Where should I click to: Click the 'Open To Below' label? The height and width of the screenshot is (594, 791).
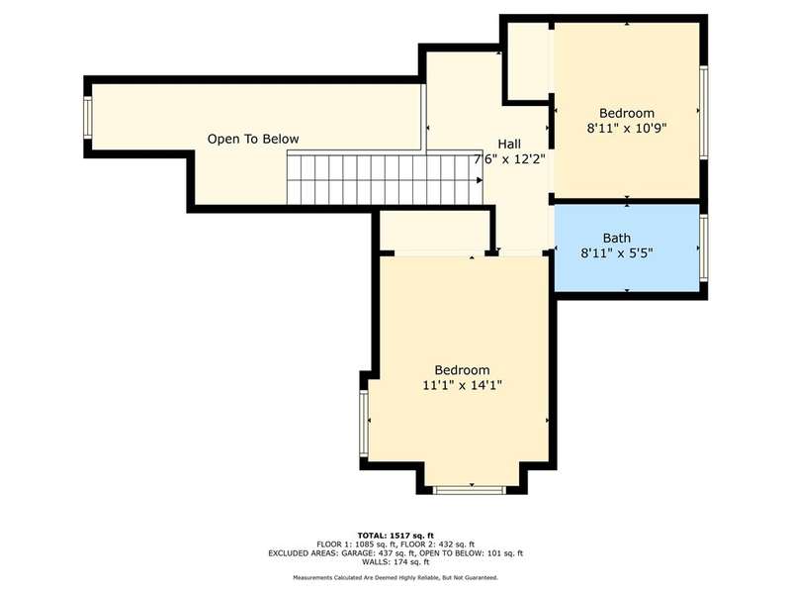click(x=253, y=139)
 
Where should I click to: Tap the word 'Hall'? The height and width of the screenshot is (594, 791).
click(x=509, y=144)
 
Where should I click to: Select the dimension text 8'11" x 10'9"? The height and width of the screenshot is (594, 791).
click(x=627, y=129)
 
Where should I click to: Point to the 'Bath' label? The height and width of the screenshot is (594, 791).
click(x=617, y=238)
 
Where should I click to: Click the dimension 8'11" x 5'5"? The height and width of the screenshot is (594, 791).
click(x=617, y=253)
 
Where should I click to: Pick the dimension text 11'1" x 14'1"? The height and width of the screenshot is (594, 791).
click(x=462, y=385)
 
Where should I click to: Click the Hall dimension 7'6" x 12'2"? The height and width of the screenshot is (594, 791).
click(x=509, y=159)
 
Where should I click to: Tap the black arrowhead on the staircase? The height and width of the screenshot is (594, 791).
click(x=480, y=180)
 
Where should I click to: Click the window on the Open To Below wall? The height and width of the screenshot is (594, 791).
click(x=88, y=117)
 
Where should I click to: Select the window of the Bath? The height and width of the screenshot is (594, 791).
click(x=704, y=247)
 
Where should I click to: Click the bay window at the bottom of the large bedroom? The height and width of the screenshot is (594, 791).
click(x=470, y=489)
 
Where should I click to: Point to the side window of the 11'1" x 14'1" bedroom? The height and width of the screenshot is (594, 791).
click(x=364, y=424)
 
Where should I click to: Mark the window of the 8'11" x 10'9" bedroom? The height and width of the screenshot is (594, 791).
click(x=704, y=112)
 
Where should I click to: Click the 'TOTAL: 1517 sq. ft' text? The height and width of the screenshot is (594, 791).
click(x=395, y=536)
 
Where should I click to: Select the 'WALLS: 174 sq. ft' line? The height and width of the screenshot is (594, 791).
click(x=395, y=561)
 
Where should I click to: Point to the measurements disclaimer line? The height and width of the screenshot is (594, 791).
click(x=395, y=577)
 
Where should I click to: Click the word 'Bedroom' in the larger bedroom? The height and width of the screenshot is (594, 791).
click(x=462, y=370)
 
